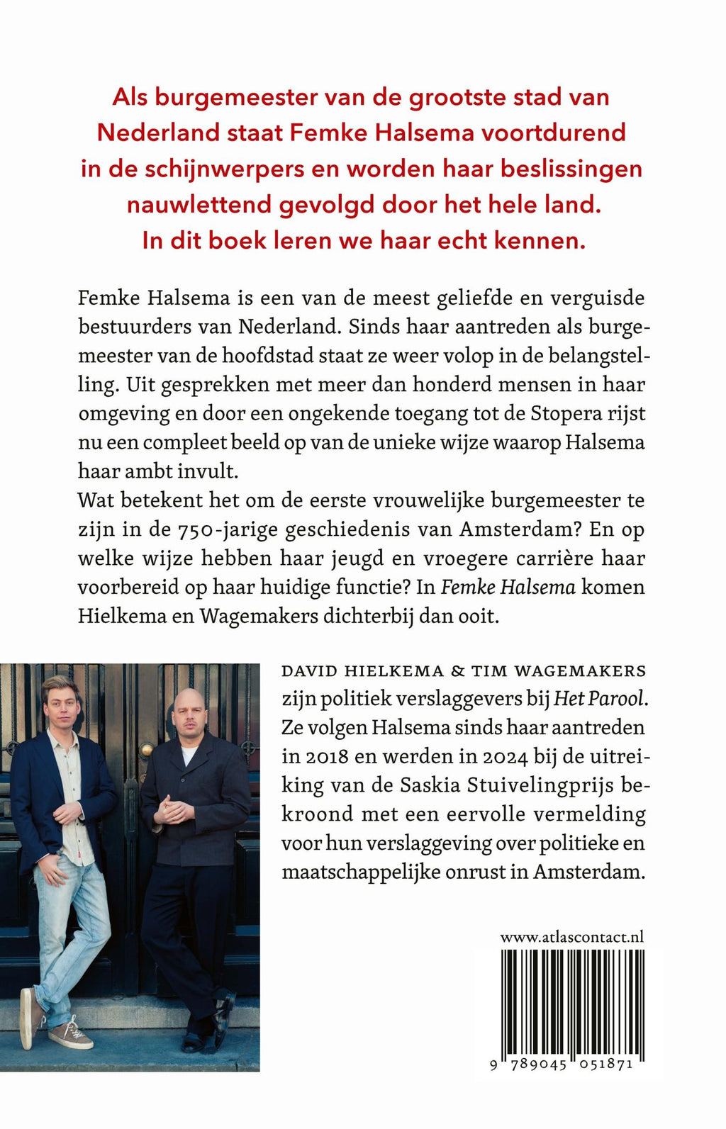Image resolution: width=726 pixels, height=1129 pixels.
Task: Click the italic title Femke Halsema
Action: click(x=508, y=587)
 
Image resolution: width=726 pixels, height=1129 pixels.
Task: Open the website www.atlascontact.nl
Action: click(x=571, y=937)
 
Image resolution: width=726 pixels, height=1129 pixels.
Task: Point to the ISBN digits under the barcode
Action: click(x=562, y=1065)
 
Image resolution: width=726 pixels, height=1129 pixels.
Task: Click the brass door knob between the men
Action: click(x=146, y=749)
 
